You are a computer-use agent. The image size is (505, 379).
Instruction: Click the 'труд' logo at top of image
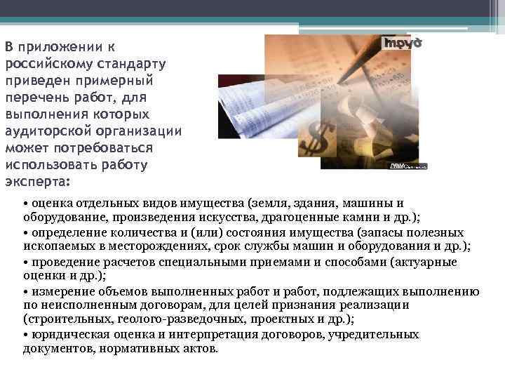coord(401,42)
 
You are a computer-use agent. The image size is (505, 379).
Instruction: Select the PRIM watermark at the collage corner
coord(407,165)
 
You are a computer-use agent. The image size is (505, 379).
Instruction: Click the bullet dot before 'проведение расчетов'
coord(25,262)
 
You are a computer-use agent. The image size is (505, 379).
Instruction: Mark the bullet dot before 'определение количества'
coord(25,232)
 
